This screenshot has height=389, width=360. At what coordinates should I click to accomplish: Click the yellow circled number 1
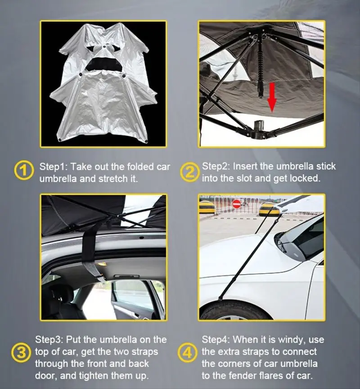(24, 172)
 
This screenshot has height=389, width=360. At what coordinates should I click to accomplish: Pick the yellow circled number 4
(189, 352)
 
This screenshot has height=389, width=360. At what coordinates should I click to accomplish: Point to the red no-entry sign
(237, 204)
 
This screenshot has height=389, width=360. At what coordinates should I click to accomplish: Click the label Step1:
(53, 167)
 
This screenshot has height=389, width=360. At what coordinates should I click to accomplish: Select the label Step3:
(49, 339)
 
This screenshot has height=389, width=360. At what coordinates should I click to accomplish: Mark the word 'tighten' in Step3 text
(103, 375)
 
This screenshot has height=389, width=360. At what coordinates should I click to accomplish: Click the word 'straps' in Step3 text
(144, 351)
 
